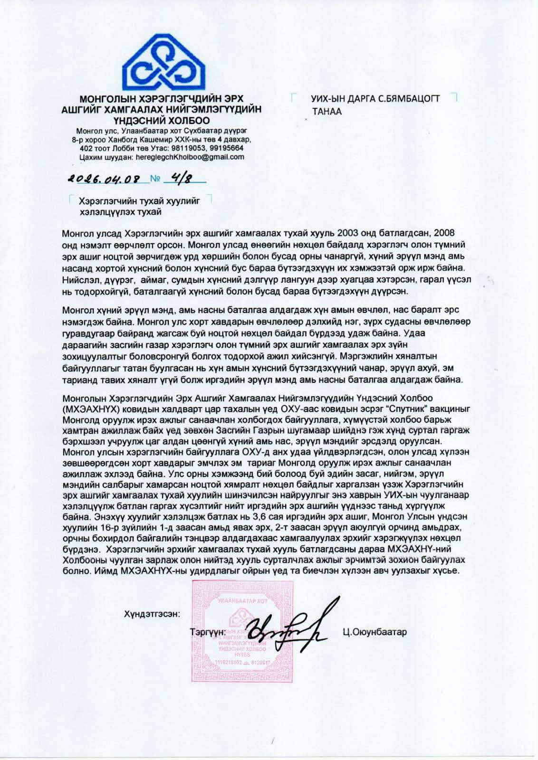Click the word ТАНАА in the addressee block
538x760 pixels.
point(327,112)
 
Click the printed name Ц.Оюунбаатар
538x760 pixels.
point(374,632)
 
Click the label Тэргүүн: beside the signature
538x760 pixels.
point(207,633)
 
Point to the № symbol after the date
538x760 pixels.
point(155,179)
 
